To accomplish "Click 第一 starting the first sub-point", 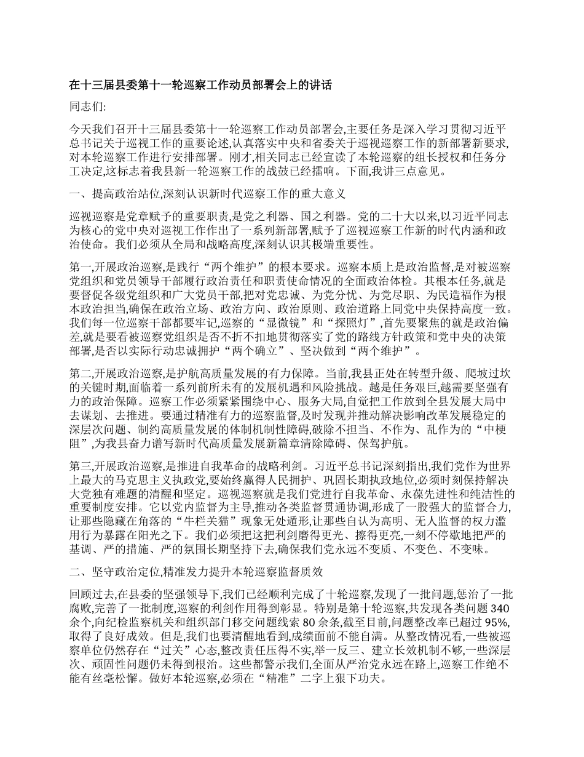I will [x=79, y=266].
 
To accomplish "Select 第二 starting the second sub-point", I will [x=79, y=374].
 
